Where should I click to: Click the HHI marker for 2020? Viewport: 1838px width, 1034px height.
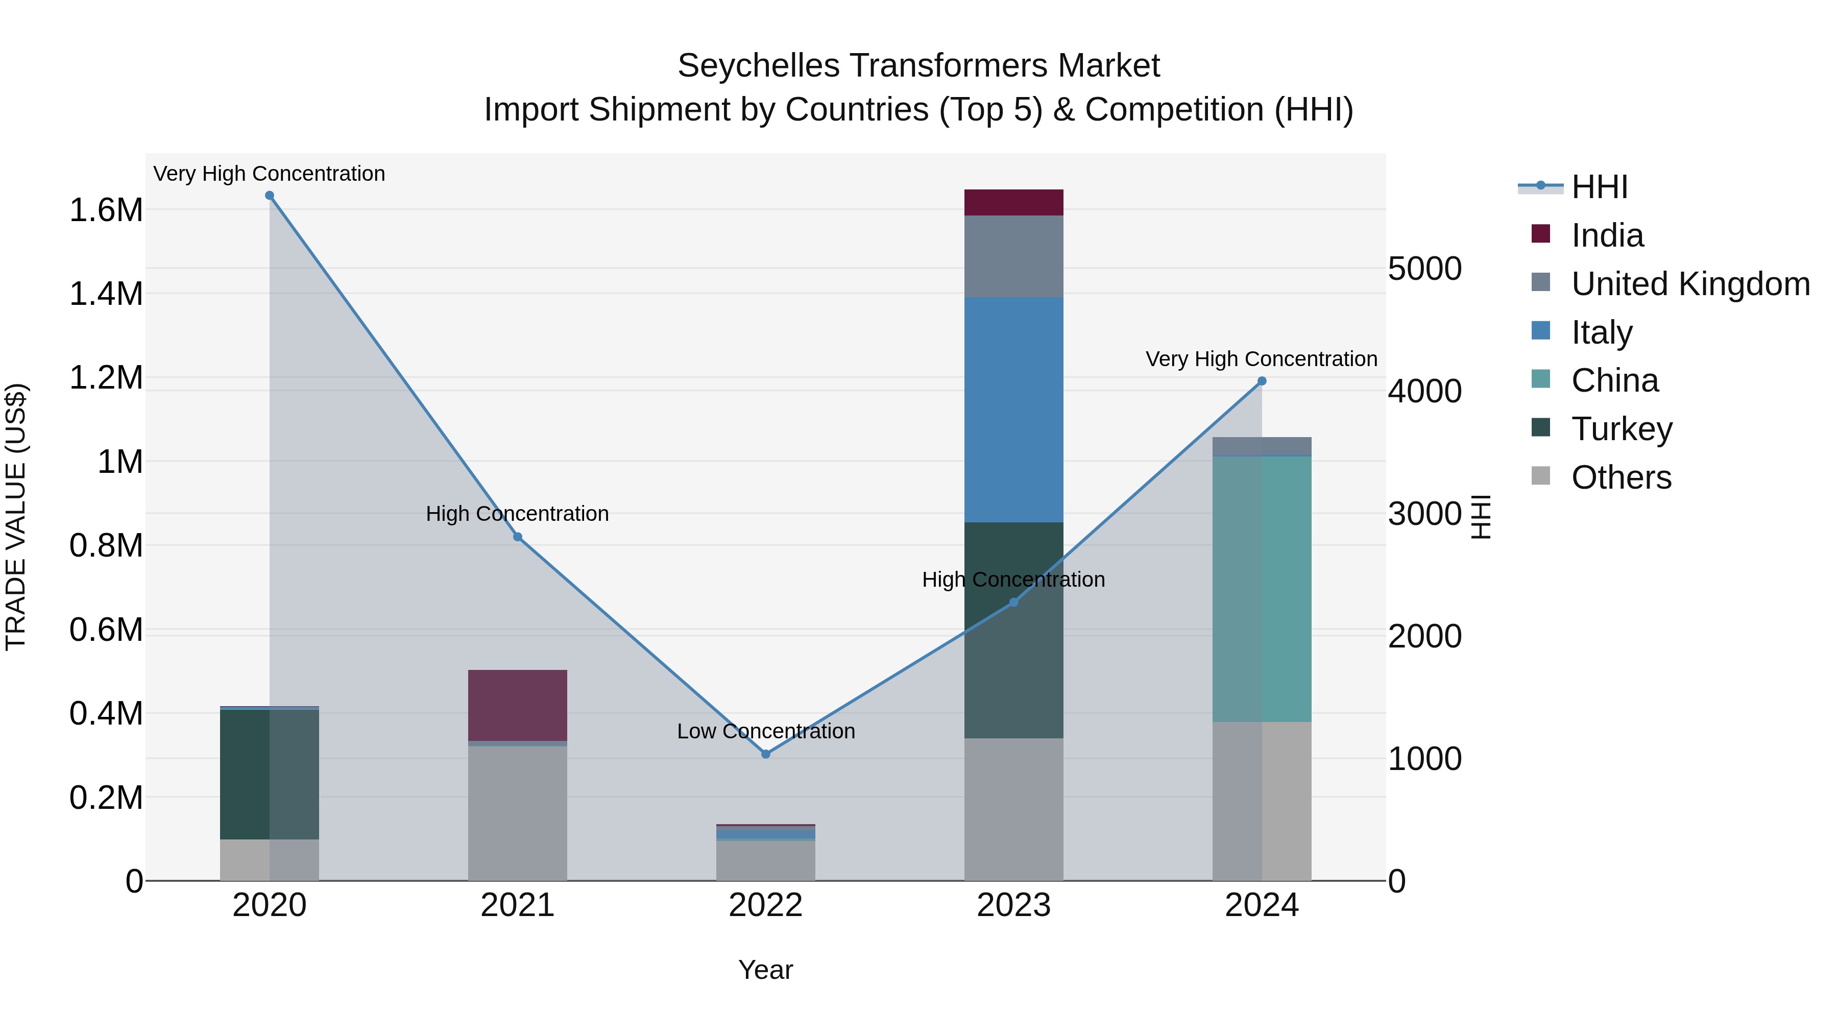point(270,196)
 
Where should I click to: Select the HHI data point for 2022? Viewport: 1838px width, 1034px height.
point(766,754)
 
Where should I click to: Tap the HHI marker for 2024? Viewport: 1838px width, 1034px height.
point(1262,381)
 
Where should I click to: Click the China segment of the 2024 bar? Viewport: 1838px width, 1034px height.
point(1262,589)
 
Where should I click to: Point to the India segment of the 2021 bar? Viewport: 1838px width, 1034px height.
point(517,705)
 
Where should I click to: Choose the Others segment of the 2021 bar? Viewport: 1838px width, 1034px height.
point(517,813)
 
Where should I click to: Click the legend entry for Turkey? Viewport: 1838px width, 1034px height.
point(1621,429)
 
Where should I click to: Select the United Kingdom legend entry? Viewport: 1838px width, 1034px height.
point(1689,284)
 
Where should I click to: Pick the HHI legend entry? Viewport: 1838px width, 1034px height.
point(1599,187)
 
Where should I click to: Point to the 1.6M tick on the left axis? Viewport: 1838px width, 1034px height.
point(106,210)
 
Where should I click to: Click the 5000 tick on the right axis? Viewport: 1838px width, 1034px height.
point(1424,269)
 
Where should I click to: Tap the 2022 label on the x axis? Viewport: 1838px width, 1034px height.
point(766,905)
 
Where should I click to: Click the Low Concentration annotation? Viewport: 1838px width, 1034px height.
point(766,731)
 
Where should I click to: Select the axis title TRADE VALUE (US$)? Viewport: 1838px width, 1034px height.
point(16,517)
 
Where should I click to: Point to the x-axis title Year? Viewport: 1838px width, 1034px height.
point(766,970)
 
